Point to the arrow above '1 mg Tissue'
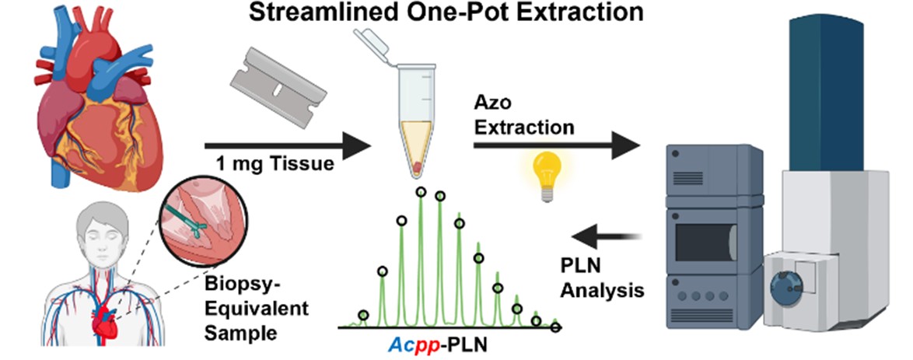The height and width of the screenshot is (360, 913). (x=288, y=145)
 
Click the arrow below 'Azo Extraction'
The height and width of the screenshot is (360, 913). (x=556, y=145)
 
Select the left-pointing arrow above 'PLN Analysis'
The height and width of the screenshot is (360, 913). (x=606, y=237)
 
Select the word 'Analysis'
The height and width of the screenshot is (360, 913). (x=609, y=289)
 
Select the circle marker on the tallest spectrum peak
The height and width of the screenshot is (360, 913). (x=421, y=191)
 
